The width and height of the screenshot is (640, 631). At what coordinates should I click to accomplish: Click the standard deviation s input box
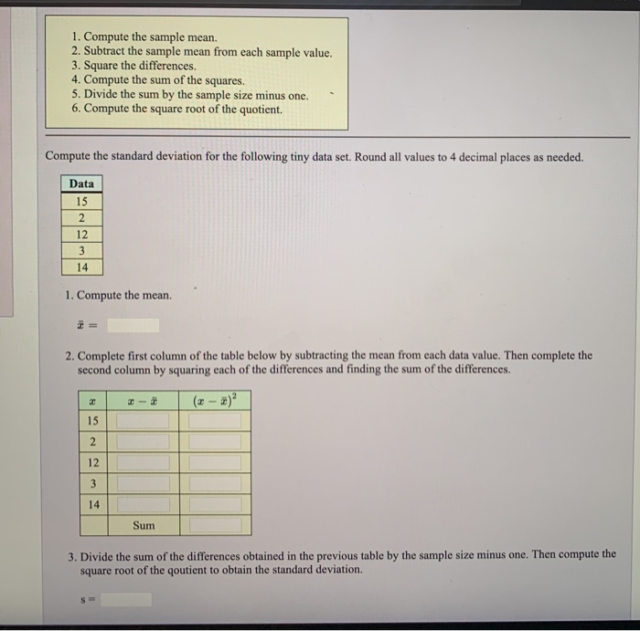pos(126,600)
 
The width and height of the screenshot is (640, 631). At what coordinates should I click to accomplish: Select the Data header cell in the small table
pos(81,184)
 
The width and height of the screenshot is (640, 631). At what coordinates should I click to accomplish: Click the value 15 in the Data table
pos(81,201)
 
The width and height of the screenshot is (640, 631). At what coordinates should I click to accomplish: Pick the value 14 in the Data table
pos(81,267)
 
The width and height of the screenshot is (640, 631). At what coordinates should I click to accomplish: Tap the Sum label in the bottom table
pos(144,525)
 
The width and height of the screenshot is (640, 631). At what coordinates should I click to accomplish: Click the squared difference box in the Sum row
pos(215,525)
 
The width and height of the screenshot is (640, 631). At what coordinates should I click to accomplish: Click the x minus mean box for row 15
pos(143,421)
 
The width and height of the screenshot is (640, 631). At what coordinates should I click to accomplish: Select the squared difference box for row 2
pos(215,441)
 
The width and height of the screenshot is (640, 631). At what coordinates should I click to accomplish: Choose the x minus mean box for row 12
pos(143,462)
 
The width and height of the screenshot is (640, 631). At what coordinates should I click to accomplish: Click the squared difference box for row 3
pos(215,483)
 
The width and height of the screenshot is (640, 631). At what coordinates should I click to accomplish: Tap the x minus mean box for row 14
pos(143,504)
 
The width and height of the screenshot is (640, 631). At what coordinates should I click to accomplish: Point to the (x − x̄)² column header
pos(215,400)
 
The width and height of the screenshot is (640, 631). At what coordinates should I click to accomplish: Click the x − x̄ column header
pos(143,401)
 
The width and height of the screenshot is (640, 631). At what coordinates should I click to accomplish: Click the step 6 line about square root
pos(183,110)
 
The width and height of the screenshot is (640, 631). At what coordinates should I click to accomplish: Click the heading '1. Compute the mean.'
pos(118,296)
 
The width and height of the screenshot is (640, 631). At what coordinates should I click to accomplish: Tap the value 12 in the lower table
pos(92,462)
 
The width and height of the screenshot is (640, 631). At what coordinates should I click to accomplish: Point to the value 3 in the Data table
pos(81,250)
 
